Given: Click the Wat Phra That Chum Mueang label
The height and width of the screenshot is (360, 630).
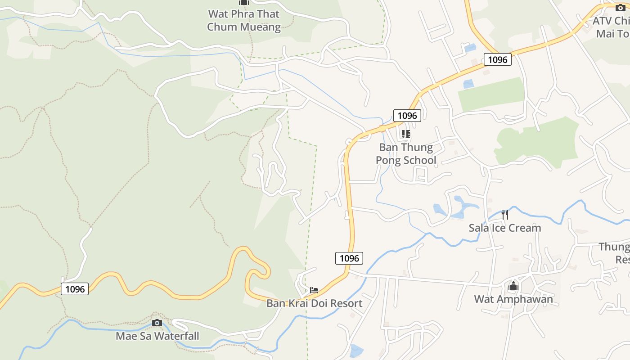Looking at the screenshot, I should pyautogui.click(x=243, y=20).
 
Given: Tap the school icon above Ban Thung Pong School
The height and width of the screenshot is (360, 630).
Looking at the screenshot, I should pyautogui.click(x=406, y=134).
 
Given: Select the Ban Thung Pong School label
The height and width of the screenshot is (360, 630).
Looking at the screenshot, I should pyautogui.click(x=406, y=154).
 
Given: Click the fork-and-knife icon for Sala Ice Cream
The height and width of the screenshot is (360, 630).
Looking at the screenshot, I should pyautogui.click(x=505, y=215).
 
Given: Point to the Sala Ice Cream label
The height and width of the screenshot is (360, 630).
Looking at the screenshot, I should pyautogui.click(x=505, y=228).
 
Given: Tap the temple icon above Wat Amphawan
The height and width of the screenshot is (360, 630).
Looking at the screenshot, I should pyautogui.click(x=513, y=286).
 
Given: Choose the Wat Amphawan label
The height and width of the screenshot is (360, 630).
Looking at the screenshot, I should pyautogui.click(x=513, y=299).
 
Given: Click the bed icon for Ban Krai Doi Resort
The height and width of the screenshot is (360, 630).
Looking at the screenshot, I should pyautogui.click(x=314, y=290).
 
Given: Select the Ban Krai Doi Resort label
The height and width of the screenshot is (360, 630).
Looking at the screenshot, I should pyautogui.click(x=314, y=303).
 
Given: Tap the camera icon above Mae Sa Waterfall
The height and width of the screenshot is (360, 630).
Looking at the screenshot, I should pyautogui.click(x=157, y=323).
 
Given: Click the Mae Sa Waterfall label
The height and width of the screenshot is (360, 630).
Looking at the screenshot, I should pyautogui.click(x=157, y=336).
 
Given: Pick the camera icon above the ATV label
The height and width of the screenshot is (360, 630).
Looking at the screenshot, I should pyautogui.click(x=620, y=7).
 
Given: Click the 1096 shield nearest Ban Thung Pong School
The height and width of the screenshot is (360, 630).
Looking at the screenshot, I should pyautogui.click(x=407, y=116).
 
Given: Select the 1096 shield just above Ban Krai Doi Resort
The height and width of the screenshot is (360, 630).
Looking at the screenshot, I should pyautogui.click(x=349, y=258).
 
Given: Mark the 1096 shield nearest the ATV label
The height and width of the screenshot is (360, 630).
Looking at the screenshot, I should pyautogui.click(x=497, y=59).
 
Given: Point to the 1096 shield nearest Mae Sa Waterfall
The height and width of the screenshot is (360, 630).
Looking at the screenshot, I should pyautogui.click(x=75, y=289).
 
